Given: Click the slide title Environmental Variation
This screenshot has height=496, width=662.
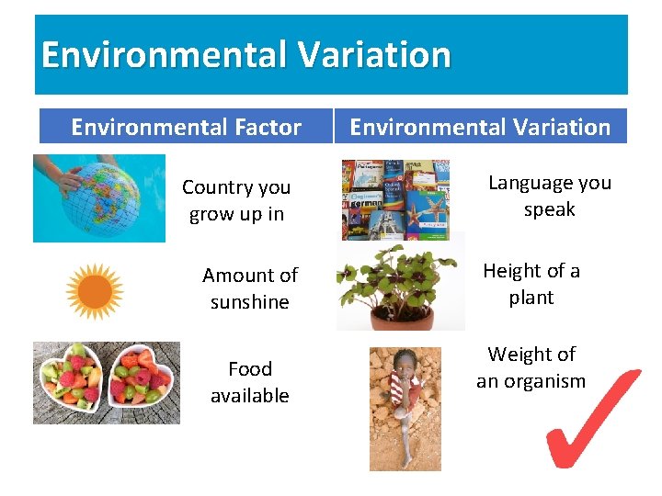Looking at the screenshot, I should tap(246, 55).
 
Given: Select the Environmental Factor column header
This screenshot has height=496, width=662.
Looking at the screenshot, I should tap(186, 127).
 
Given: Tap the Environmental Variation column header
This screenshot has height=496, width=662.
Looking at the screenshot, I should tap(480, 127).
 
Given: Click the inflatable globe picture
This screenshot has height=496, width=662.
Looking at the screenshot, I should tap(101, 200).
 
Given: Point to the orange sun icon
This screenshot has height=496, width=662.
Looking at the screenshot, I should tap(94, 291).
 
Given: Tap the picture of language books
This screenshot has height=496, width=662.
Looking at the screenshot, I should tap(395, 199).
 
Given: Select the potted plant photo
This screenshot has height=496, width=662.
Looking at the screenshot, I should tap(401, 285).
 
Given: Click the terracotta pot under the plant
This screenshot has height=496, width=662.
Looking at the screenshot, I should tap(402, 317).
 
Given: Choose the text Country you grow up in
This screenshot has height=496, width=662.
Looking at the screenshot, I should tap(236, 200).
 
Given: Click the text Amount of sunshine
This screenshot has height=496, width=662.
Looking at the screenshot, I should tap(249, 288).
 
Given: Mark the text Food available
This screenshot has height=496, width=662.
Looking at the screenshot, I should tap(249, 382).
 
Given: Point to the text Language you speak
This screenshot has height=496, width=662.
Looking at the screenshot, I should tap(549, 196).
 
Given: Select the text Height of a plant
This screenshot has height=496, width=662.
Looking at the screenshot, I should tap(531, 284).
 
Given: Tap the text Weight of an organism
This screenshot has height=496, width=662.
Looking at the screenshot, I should tap(531, 367).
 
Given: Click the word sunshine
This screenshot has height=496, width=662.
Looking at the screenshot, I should tap(249, 302).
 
